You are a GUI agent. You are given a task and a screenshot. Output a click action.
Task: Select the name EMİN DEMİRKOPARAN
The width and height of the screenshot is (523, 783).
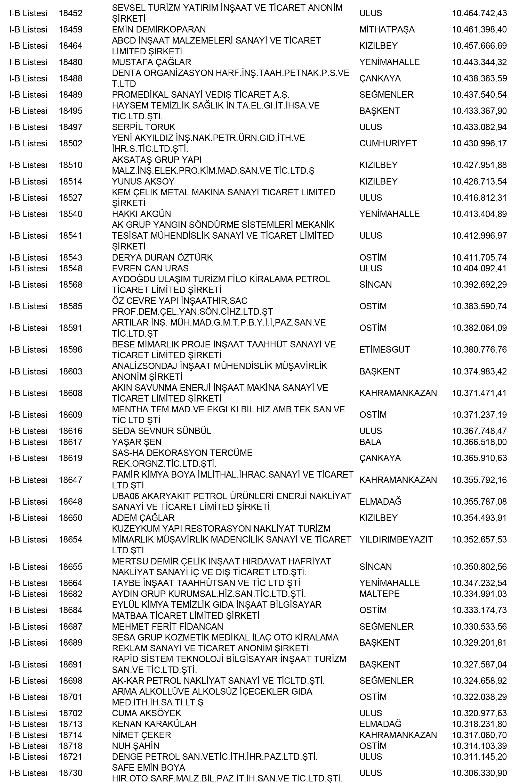[x=159, y=29]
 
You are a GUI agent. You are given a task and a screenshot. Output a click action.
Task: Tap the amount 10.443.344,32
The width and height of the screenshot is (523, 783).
[x=479, y=62]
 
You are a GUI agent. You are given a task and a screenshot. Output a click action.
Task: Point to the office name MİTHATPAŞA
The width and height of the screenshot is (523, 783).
[x=387, y=29]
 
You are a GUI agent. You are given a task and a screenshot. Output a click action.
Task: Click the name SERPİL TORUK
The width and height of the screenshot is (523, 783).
[x=143, y=127]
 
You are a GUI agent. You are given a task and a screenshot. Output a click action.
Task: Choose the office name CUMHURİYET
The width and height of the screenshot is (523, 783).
[x=388, y=143]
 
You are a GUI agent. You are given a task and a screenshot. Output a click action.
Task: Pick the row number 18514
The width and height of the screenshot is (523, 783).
[x=70, y=182]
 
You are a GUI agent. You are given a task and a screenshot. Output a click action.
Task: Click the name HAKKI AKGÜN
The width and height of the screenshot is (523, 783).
[x=141, y=214]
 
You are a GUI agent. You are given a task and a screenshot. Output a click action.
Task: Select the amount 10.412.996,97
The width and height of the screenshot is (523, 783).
[x=479, y=236]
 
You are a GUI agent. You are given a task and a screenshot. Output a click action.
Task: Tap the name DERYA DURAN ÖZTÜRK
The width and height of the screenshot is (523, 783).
[x=162, y=257]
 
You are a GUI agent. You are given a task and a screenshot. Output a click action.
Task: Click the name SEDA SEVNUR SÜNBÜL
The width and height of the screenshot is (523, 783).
[x=162, y=431]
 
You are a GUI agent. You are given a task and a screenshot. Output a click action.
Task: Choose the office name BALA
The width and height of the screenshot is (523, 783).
[x=370, y=442]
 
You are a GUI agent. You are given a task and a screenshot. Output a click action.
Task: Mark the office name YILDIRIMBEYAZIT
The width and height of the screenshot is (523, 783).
[x=396, y=539]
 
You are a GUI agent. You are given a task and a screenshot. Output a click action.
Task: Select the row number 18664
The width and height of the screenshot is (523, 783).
[x=70, y=583]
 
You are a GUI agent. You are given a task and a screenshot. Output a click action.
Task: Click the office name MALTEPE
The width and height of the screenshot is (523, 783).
[x=379, y=594]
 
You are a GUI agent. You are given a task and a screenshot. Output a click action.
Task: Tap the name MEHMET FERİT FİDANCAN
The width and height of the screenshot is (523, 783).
[x=167, y=627]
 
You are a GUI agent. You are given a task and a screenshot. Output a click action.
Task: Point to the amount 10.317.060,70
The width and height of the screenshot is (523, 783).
[x=479, y=735]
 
